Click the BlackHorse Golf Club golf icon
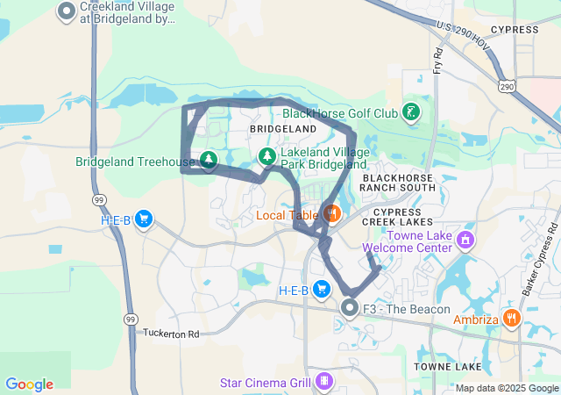click(410, 112)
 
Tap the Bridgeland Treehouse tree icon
click(209, 160)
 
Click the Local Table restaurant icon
click(331, 213)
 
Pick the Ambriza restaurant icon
click(513, 319)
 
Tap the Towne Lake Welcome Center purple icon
click(465, 240)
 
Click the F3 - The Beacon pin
click(350, 308)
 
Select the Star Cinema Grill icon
click(324, 382)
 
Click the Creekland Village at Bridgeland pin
click(67, 11)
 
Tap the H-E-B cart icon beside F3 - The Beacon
click(323, 289)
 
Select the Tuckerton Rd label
click(171, 334)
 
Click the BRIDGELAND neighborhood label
click(282, 129)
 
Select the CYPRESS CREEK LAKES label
click(403, 217)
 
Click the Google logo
click(29, 384)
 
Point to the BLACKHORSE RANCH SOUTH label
click(399, 182)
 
